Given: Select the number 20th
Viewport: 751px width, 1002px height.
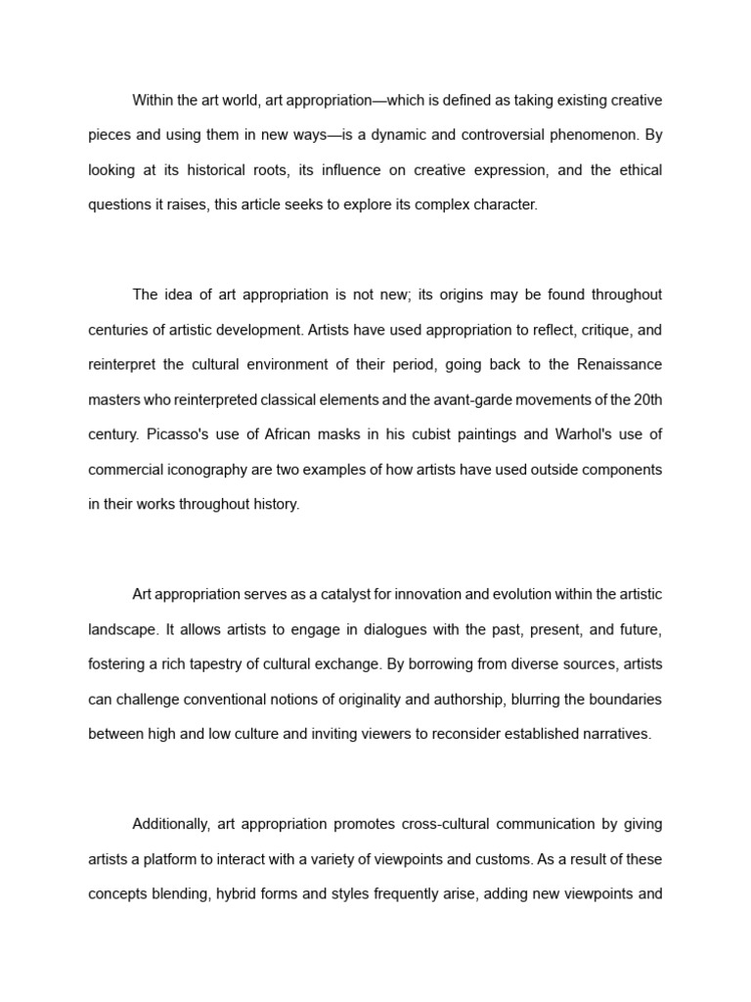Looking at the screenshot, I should coord(644,399).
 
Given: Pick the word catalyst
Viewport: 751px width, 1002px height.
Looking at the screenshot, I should coord(345,594).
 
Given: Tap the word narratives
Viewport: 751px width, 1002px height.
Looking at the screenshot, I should coord(614,734).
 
